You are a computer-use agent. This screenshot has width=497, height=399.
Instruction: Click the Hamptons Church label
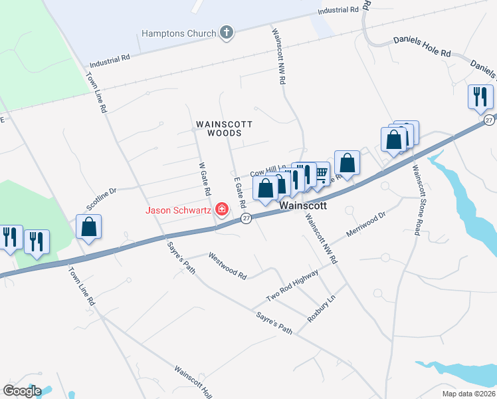click(x=179, y=33)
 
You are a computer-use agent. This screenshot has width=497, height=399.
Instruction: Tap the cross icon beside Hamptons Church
click(x=227, y=33)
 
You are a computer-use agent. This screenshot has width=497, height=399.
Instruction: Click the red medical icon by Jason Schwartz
click(x=221, y=211)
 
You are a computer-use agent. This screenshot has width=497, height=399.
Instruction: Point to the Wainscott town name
click(x=303, y=206)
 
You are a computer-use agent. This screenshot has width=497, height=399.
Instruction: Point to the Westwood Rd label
click(x=227, y=264)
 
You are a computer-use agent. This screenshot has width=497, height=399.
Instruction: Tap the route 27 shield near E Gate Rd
click(x=246, y=219)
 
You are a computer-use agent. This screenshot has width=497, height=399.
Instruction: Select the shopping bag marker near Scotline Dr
click(x=88, y=227)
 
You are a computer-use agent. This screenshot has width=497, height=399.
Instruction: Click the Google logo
click(x=22, y=391)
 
